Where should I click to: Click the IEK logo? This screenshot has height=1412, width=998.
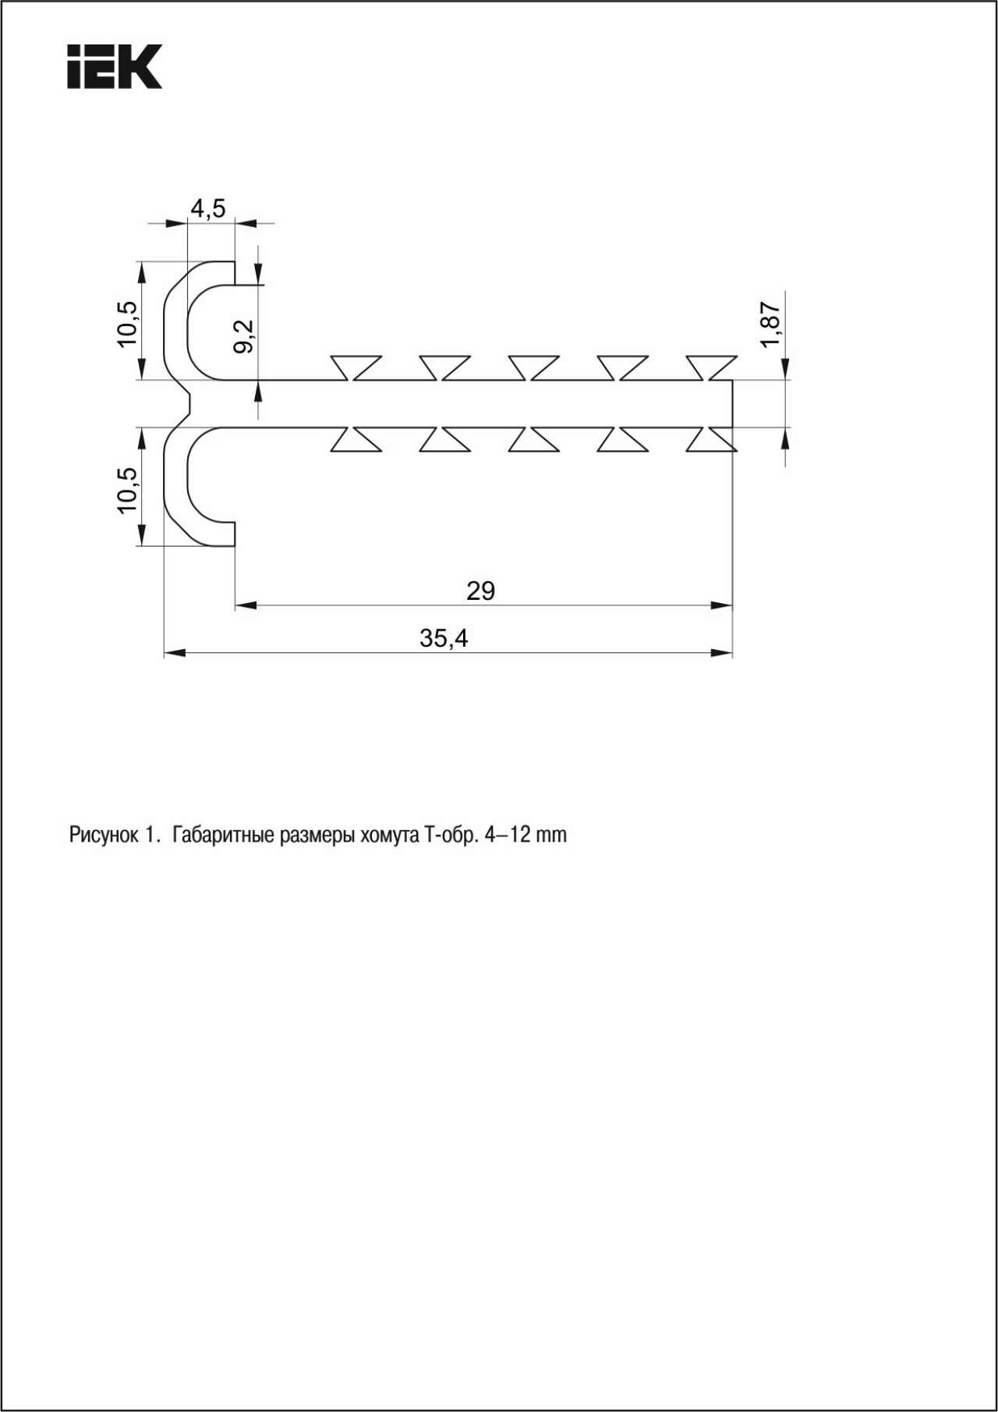115,66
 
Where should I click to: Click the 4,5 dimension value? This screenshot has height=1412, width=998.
208,208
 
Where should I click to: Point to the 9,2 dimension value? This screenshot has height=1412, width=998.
244,335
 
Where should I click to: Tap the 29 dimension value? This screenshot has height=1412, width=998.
481,591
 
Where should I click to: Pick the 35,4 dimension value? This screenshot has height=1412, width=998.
444,638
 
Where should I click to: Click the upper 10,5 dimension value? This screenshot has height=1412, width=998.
127,323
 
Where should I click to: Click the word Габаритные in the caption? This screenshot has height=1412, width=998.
222,835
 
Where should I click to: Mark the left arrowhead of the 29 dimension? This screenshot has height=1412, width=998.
246,605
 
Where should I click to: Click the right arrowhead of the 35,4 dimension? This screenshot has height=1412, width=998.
721,653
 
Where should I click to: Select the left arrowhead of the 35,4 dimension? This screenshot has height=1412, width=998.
175,653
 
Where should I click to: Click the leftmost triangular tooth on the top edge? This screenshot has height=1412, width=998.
356,367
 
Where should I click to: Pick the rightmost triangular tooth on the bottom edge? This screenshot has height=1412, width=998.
712,439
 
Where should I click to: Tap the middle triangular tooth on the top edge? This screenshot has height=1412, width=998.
534,367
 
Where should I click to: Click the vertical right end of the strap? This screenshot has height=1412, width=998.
732,403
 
